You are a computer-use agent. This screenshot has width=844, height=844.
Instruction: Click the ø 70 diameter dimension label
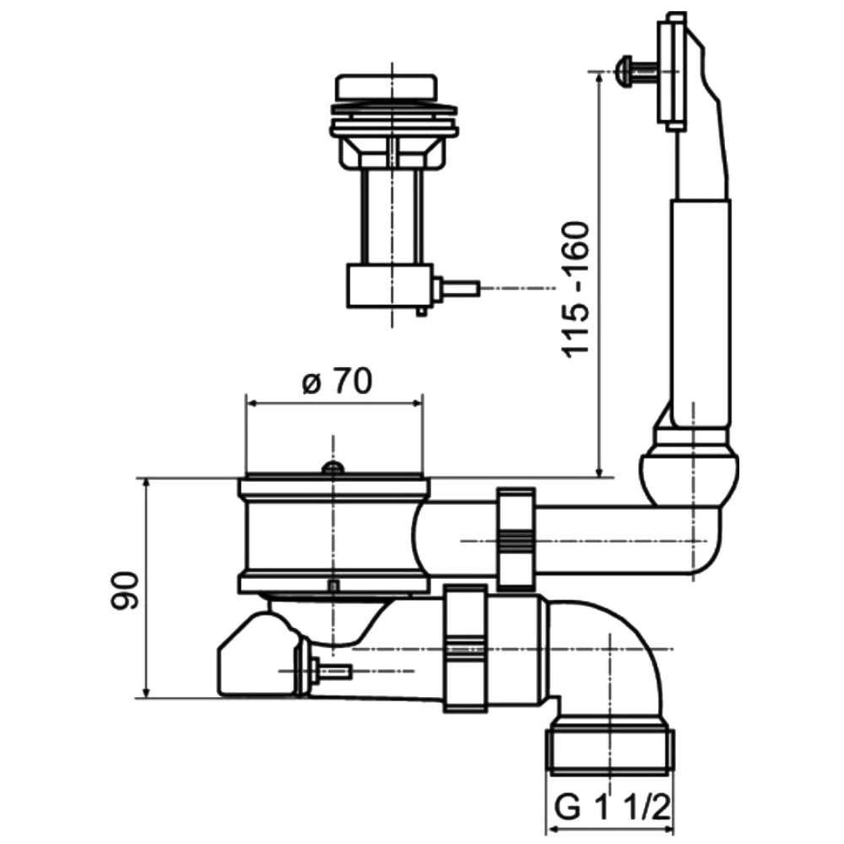[338, 381]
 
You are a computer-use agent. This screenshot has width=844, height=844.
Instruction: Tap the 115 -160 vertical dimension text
[576, 289]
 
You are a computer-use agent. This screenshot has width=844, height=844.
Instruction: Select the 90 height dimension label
[124, 590]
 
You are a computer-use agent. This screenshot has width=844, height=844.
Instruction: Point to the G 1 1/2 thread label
[613, 808]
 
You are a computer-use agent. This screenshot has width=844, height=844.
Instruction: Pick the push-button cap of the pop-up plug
[386, 87]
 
